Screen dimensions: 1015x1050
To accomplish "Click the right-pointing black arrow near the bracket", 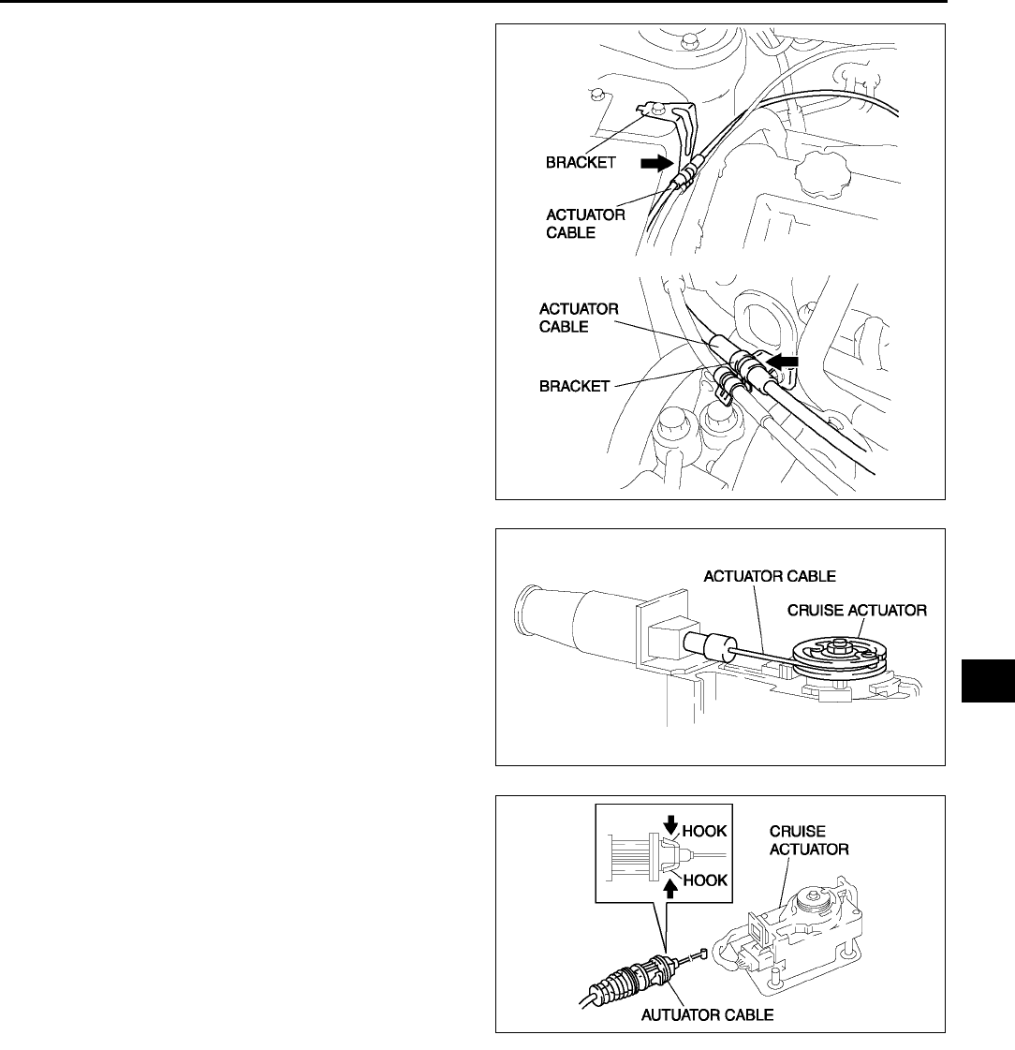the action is pos(656,162).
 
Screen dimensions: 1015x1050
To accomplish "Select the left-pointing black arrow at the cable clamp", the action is pos(782,359).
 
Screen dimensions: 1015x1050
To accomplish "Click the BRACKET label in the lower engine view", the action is pos(565,385).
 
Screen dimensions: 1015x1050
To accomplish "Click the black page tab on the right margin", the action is pos(987,679).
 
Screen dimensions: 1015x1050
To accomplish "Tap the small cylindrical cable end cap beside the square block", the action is pos(700,646).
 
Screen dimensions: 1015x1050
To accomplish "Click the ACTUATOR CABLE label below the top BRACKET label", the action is pos(585,223).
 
